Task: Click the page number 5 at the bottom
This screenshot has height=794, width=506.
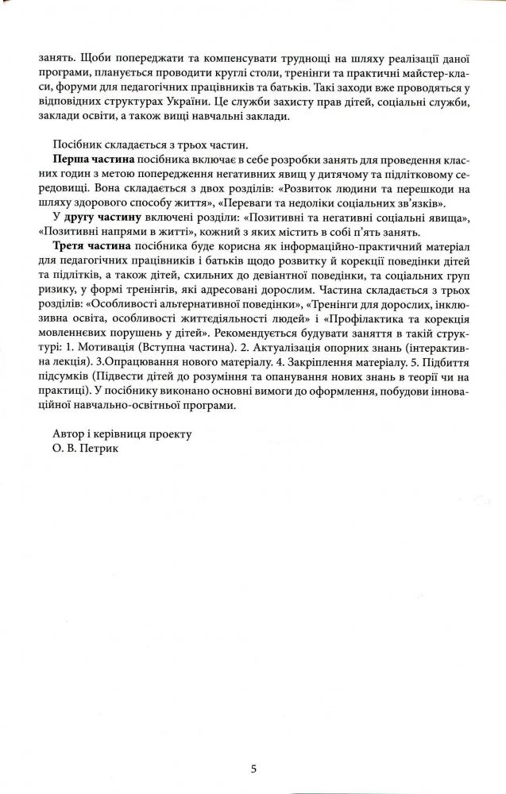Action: [253, 769]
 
